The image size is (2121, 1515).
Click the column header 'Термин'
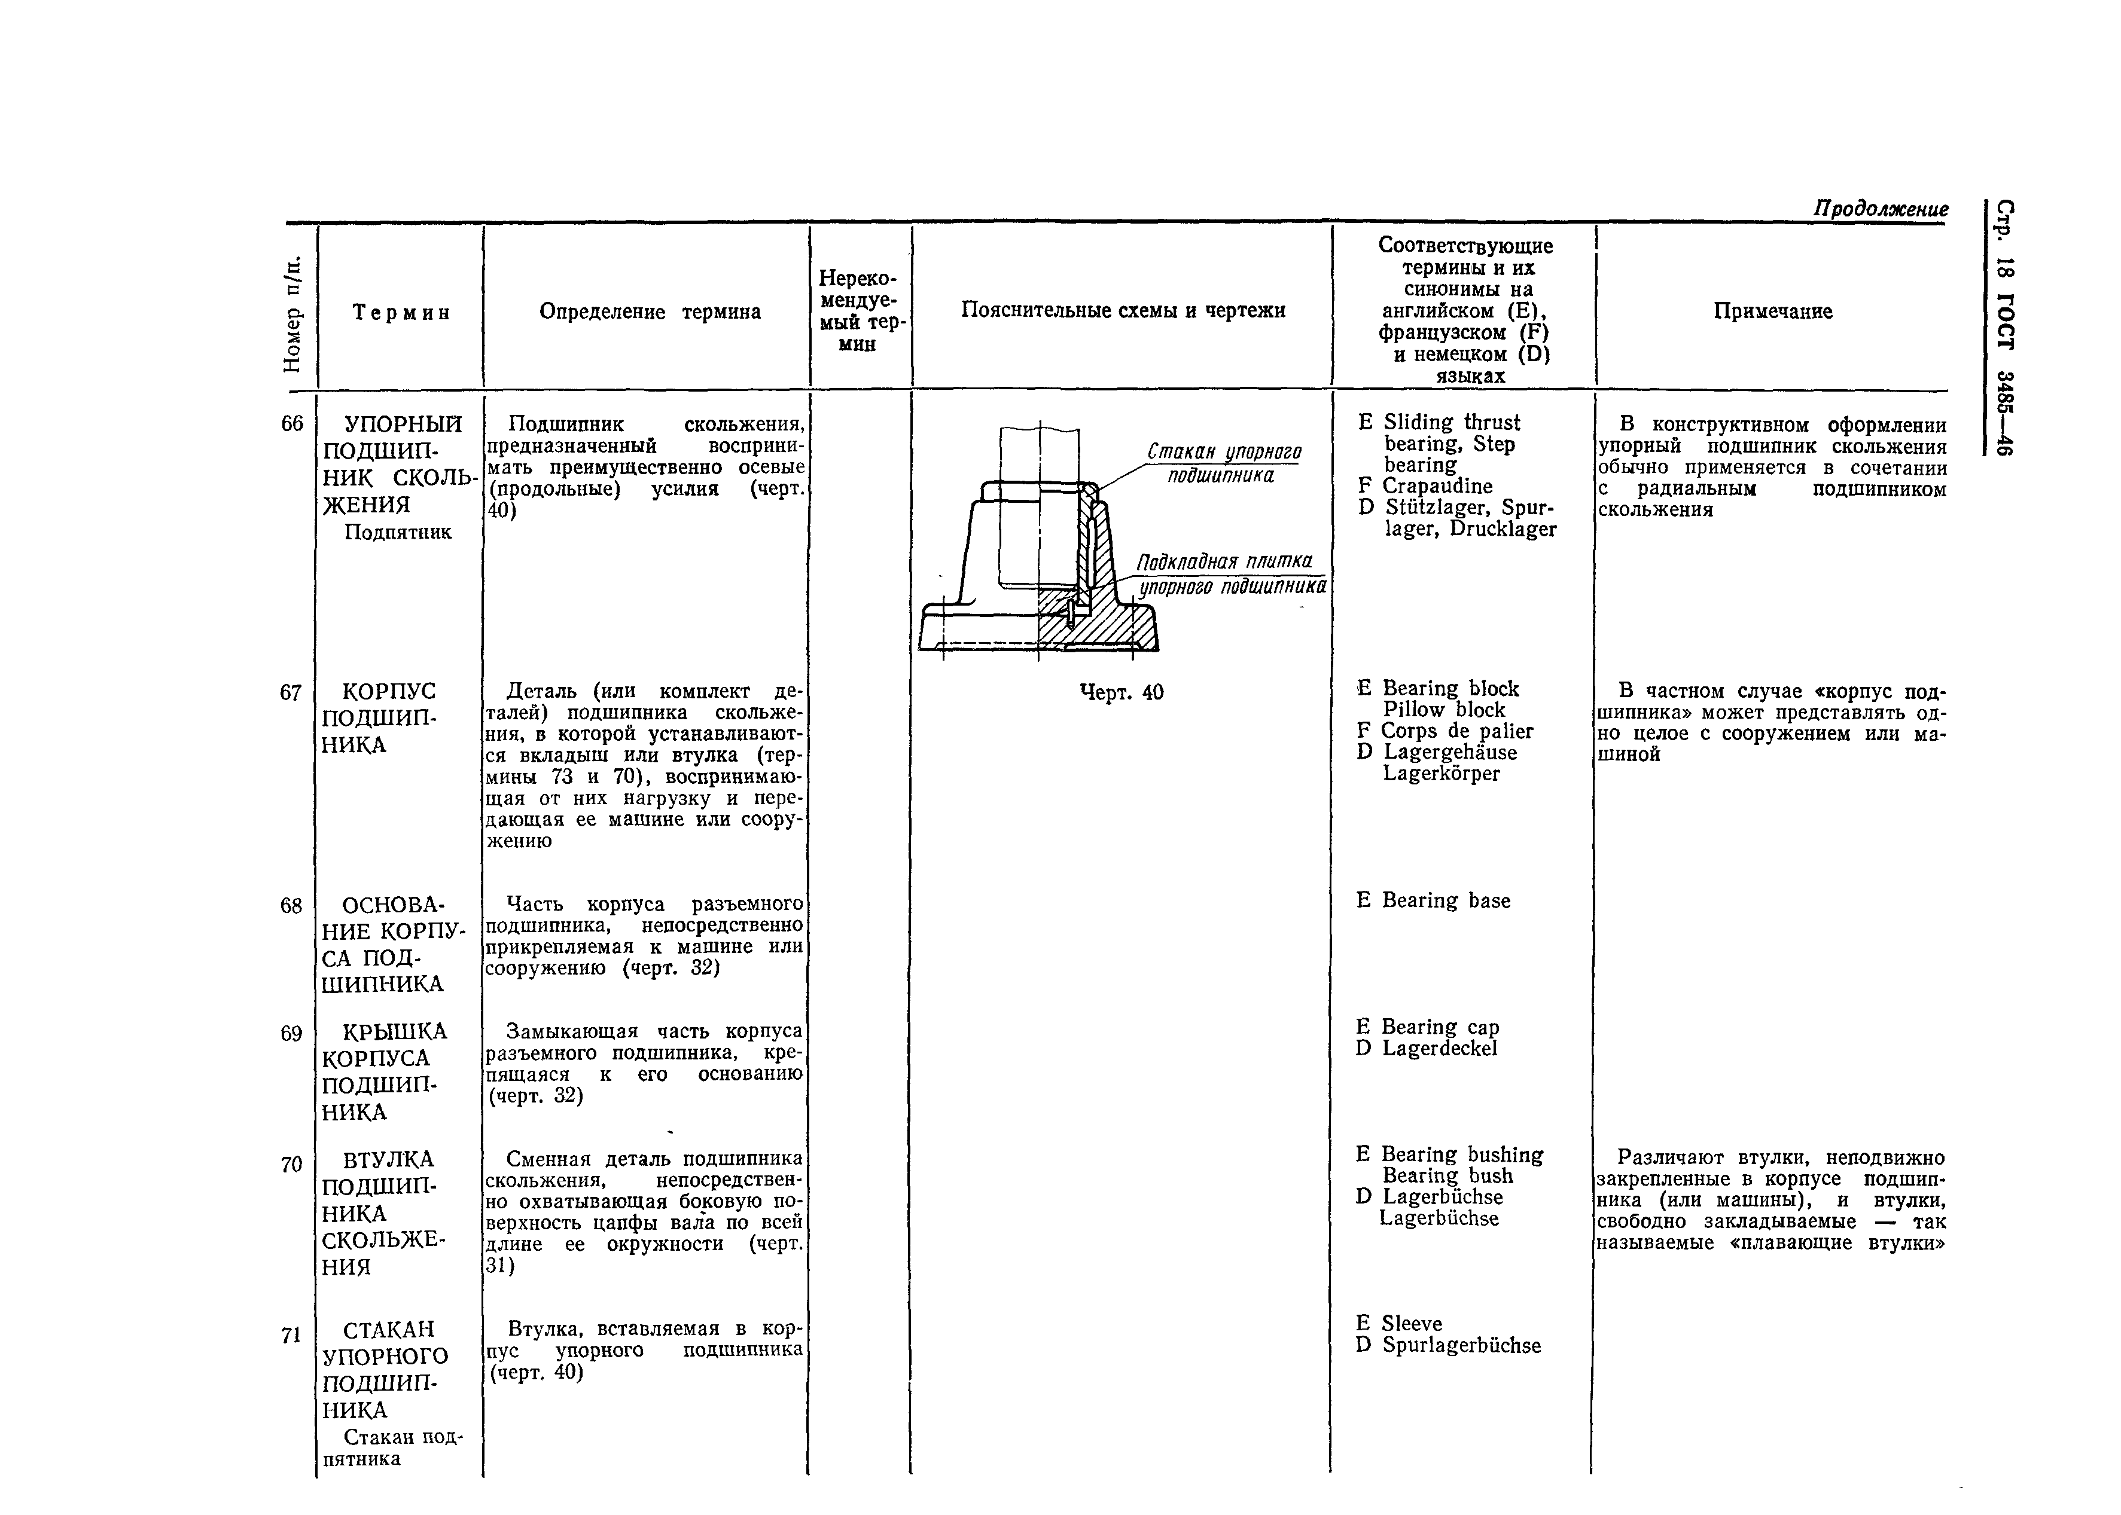click(401, 313)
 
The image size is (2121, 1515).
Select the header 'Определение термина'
click(650, 311)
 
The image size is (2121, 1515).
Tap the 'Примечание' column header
click(1772, 311)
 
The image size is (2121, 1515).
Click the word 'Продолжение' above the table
click(1881, 209)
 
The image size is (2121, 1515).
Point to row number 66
click(292, 423)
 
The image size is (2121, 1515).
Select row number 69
click(292, 1034)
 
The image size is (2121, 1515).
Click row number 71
click(292, 1336)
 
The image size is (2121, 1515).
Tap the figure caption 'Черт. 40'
click(1121, 692)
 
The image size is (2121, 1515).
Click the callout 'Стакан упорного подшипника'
click(1223, 463)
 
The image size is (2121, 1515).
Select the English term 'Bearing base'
click(1446, 900)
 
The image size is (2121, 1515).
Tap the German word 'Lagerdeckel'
click(1439, 1049)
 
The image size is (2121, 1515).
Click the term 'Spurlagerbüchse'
click(1461, 1345)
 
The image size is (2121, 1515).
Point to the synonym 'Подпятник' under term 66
click(398, 532)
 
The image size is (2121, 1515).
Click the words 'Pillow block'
click(1443, 710)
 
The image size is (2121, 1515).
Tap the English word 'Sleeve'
click(1411, 1324)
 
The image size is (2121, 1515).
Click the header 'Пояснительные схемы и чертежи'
click(1123, 311)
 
